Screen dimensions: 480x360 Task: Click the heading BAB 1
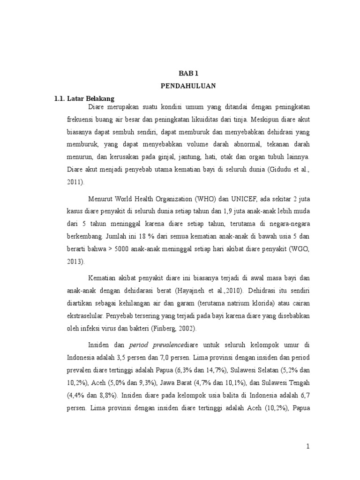(x=188, y=73)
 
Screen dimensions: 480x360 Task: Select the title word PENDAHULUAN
(x=188, y=86)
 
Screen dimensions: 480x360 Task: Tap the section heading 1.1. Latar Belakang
(x=85, y=98)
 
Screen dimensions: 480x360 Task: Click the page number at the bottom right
(x=308, y=447)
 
